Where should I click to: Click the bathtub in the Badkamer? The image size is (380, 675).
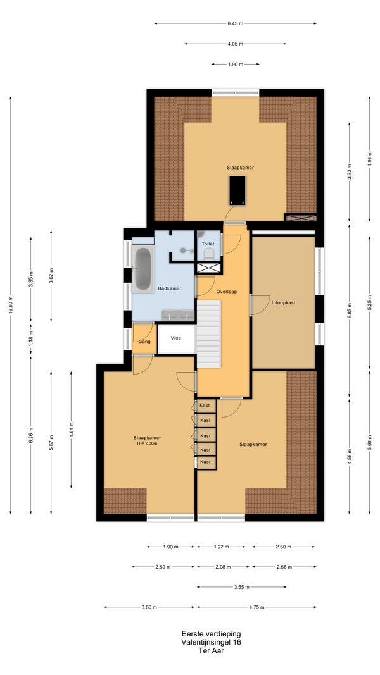pos(142,269)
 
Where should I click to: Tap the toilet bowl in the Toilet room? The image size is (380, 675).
pos(209,253)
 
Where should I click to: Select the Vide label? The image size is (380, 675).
pos(176,338)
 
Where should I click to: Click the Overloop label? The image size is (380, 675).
pos(227,291)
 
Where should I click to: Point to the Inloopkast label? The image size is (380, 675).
pos(284,302)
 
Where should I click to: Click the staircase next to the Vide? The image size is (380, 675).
pos(208,334)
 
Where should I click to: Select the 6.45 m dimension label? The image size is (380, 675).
pos(235,23)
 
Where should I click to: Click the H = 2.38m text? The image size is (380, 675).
pos(147,443)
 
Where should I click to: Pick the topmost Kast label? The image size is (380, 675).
pos(205,405)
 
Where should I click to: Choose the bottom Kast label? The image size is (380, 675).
pos(205,462)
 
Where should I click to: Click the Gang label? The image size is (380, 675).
pos(144,342)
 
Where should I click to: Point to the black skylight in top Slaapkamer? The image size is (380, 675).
pos(237,190)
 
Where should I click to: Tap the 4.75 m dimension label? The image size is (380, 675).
pos(256,607)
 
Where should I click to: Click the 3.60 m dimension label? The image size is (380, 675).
pos(149,607)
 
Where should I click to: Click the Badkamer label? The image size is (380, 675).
pos(169,288)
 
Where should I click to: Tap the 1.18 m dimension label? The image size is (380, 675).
pos(31,339)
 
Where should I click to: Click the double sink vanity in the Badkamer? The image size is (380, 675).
pos(178,316)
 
